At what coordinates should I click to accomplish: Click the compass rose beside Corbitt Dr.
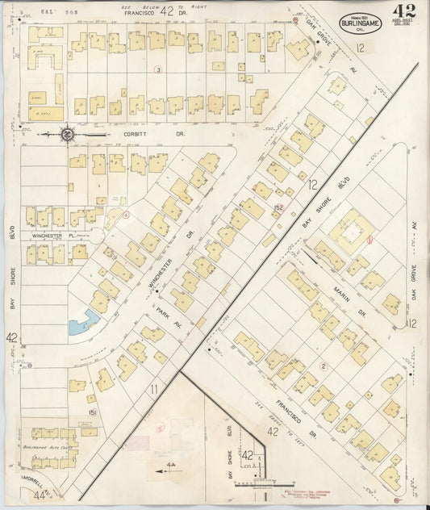[x=69, y=135]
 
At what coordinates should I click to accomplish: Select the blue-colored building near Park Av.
[x=83, y=324]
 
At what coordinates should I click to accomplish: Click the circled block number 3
[x=158, y=70]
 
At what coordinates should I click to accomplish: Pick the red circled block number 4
[x=126, y=214]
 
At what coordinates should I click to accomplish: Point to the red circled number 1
[x=369, y=238]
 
